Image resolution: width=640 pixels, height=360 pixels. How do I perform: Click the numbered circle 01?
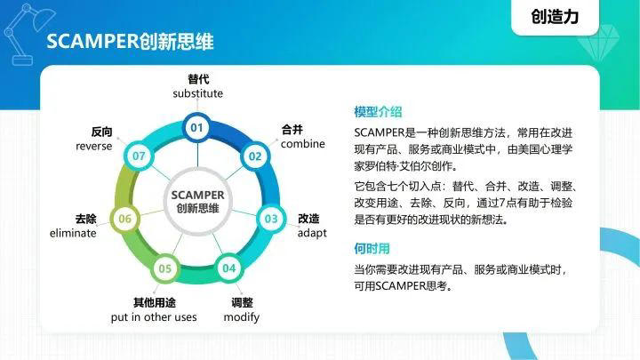197,128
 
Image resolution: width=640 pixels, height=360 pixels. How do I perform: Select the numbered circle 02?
255,156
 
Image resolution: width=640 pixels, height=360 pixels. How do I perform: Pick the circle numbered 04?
229,268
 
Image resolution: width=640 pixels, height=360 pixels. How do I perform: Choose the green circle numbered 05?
164,268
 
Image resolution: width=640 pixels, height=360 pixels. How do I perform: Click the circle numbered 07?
140,156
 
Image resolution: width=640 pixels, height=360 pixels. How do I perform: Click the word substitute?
197,93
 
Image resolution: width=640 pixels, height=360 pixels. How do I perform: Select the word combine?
302,144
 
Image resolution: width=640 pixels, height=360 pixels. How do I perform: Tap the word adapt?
312,233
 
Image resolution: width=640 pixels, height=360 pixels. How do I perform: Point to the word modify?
241,317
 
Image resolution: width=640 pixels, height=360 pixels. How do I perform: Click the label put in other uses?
153,317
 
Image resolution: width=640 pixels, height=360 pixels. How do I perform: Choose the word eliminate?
73,233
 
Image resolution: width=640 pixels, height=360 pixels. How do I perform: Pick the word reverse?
93,146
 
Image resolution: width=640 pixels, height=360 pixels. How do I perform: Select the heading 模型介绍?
378,112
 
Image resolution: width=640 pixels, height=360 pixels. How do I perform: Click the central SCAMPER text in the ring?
197,195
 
